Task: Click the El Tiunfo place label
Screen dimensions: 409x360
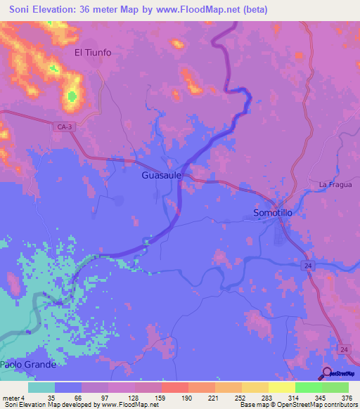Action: tap(93, 53)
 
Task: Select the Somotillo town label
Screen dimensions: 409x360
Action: tap(276, 212)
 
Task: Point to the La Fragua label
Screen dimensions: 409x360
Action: tap(333, 185)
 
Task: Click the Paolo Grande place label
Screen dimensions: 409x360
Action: tap(27, 365)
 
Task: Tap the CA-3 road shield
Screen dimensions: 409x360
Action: tap(63, 125)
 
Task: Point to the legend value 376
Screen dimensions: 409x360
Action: tap(347, 397)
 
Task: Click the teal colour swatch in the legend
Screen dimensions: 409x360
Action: tap(41, 387)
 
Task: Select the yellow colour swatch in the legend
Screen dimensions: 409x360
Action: tap(281, 387)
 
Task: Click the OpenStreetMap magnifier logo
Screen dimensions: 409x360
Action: tap(328, 373)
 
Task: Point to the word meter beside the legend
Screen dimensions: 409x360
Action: tap(12, 397)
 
